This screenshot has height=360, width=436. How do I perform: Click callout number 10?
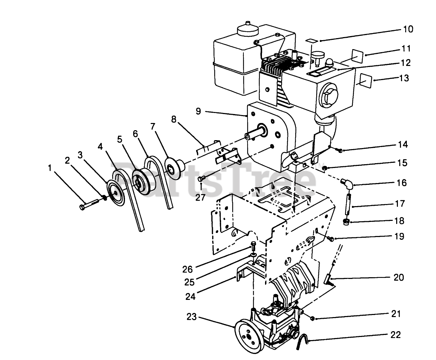coord(408,29)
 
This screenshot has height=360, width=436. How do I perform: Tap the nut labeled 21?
coord(313,319)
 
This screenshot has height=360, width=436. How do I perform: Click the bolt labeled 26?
coord(253,246)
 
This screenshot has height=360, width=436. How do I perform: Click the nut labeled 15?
coord(325,168)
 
